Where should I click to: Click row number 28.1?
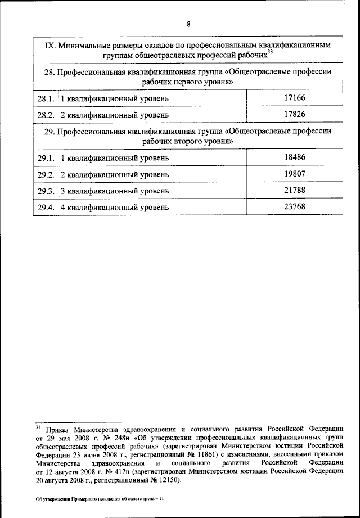(46, 100)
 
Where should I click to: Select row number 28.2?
(46, 115)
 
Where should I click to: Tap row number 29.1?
(46, 159)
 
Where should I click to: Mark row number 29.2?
(46, 175)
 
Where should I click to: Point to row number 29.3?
(46, 191)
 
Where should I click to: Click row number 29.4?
(46, 208)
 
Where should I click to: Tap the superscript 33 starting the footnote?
(39, 427)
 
